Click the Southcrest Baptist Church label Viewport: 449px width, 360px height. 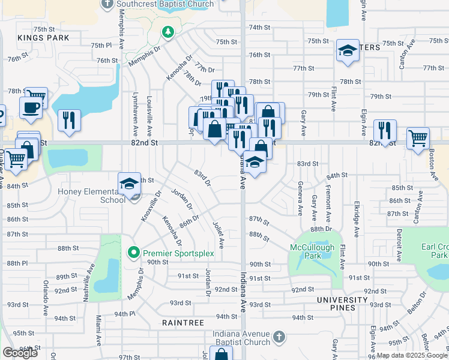(x=165, y=4)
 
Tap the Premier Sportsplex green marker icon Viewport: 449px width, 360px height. (x=135, y=253)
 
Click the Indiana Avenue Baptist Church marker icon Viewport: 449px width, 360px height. (x=279, y=338)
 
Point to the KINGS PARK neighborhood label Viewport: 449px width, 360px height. (x=44, y=38)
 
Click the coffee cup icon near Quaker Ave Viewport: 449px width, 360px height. (x=31, y=107)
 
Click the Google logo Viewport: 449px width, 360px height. (x=20, y=353)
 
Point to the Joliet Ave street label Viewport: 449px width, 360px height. (x=218, y=235)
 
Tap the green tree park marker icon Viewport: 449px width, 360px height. (x=169, y=32)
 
